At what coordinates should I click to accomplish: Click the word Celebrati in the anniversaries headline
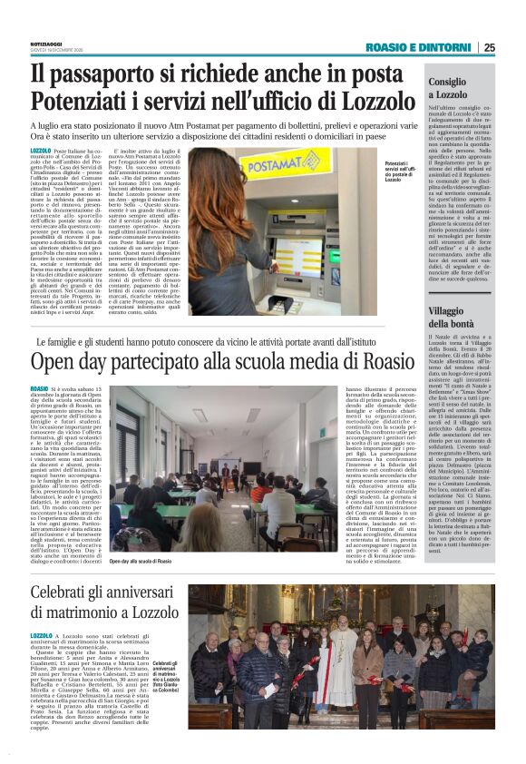66,591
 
